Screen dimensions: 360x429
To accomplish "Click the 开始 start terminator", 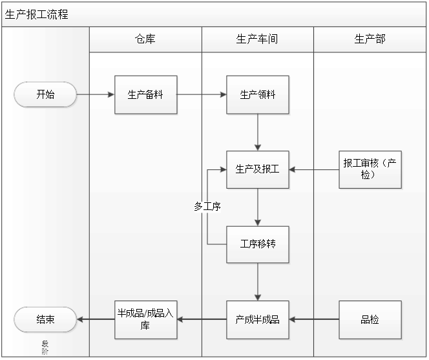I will click(x=45, y=95).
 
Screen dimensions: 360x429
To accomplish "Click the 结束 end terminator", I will click(x=45, y=319).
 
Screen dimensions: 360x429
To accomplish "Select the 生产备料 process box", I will click(x=145, y=95).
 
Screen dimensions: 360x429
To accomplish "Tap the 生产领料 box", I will click(x=257, y=95).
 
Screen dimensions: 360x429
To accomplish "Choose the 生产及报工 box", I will click(x=257, y=170).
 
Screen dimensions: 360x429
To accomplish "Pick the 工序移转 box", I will click(x=257, y=244).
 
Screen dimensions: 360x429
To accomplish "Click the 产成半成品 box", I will click(x=257, y=319).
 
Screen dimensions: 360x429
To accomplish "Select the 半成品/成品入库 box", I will click(x=145, y=319).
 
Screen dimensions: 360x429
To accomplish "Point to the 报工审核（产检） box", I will click(x=370, y=169).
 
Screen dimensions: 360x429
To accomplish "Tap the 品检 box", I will click(x=370, y=319).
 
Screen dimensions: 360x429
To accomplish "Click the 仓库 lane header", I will click(x=145, y=39).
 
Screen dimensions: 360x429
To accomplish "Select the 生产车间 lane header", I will click(x=257, y=39).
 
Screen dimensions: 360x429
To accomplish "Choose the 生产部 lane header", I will click(x=370, y=39).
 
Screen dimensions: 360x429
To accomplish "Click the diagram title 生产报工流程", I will click(x=37, y=14).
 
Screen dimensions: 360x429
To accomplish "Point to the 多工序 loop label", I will click(x=207, y=207).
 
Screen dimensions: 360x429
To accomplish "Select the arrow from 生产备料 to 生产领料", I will click(x=201, y=95).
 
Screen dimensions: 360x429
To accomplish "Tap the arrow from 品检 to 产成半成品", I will click(x=314, y=319).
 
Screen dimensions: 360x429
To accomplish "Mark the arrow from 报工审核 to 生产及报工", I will click(x=314, y=170).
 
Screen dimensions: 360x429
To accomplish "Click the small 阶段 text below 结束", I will click(x=45, y=348).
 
